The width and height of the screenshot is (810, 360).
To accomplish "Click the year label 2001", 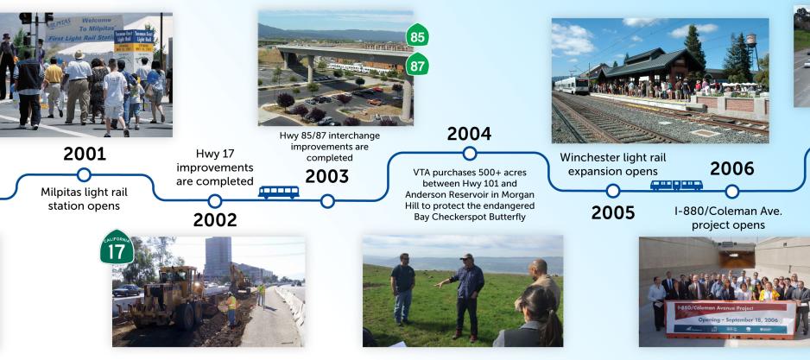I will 85,154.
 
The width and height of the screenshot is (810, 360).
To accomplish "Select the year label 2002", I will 215,219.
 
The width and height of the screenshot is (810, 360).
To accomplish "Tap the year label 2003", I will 326,176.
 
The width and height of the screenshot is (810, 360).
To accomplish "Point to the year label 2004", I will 469,134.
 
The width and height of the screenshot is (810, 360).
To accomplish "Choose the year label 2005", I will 613,212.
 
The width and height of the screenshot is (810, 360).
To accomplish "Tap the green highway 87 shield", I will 418,66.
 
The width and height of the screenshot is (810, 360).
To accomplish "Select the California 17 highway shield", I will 117,247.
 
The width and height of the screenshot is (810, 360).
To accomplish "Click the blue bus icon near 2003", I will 279,192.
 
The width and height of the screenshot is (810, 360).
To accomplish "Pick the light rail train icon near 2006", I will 676,185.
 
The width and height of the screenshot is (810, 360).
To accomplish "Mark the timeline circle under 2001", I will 85,175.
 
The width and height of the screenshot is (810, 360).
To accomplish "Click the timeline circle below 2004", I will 469,154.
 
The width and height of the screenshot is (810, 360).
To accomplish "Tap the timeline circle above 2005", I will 613,191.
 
